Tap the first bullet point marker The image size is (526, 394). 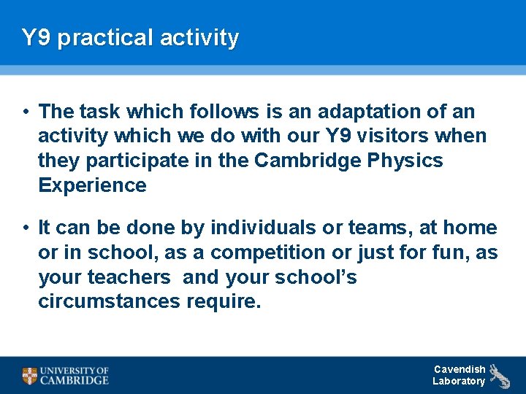pyautogui.click(x=25, y=112)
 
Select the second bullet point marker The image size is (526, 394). pyautogui.click(x=25, y=228)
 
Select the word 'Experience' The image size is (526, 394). pyautogui.click(x=92, y=185)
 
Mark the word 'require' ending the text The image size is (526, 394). pyautogui.click(x=224, y=301)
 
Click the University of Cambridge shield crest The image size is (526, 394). pyautogui.click(x=29, y=376)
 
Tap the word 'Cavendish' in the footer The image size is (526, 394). pyautogui.click(x=459, y=369)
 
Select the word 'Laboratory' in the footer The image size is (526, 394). pyautogui.click(x=458, y=381)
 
